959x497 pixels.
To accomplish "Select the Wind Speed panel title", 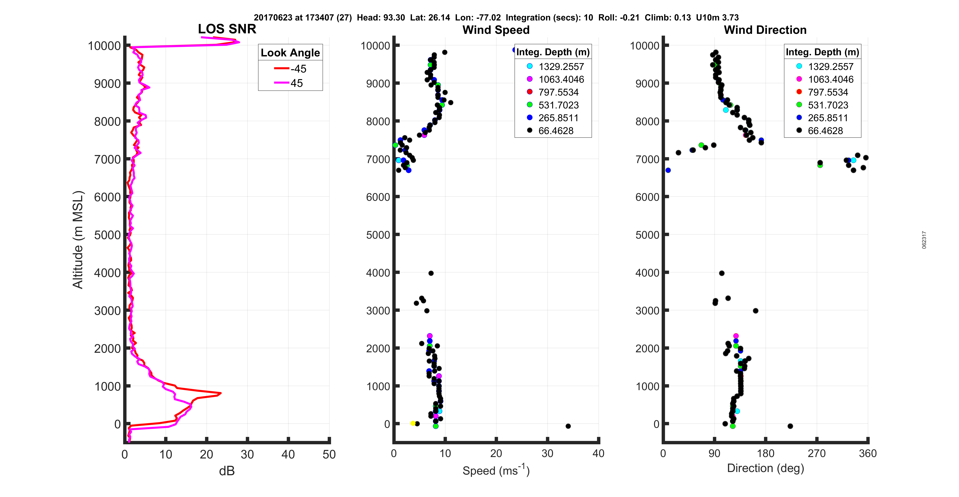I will pos(496,30).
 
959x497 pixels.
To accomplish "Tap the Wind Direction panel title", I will pos(765,30).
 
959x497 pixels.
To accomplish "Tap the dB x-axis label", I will pos(227,471).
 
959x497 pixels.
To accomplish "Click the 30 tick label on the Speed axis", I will pos(547,453).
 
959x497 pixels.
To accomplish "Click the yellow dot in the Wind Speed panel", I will pos(412,423).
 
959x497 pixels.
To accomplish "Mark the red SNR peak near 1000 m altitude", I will pos(220,393).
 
